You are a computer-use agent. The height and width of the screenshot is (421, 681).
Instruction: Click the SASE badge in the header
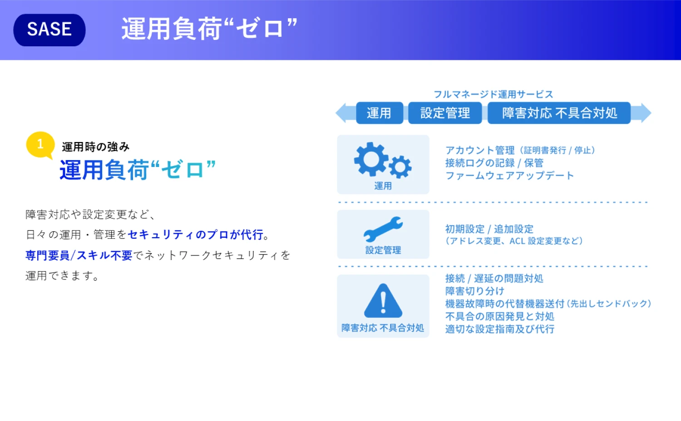click(49, 30)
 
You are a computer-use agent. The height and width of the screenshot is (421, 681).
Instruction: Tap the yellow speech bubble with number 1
click(40, 145)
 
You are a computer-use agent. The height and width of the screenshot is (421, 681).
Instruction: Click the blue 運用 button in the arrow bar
click(380, 113)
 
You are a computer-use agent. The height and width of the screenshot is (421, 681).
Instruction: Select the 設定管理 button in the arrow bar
click(445, 113)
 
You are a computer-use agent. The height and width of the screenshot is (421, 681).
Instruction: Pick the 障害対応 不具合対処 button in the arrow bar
click(559, 113)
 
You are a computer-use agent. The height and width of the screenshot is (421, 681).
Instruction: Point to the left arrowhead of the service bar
click(345, 113)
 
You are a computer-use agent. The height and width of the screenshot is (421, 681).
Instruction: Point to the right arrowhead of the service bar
click(642, 113)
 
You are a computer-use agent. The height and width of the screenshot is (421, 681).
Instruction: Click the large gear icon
click(371, 159)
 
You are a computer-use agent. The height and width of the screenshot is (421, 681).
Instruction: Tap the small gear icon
click(400, 167)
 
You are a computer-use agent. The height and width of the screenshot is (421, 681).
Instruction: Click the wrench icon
click(383, 230)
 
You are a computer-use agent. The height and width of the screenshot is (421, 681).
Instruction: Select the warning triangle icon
click(383, 301)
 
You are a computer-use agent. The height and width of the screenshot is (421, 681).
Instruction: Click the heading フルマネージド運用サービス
click(493, 94)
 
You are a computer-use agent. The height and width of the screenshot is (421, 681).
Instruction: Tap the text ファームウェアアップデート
click(509, 176)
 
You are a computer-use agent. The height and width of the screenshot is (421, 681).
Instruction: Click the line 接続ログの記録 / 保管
click(494, 163)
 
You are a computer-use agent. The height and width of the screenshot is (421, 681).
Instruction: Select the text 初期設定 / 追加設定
click(489, 229)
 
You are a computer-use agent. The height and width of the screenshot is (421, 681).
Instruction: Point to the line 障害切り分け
click(475, 291)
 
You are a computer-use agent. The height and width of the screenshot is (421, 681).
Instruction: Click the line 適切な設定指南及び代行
click(500, 329)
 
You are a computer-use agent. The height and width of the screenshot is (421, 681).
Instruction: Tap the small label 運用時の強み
click(96, 147)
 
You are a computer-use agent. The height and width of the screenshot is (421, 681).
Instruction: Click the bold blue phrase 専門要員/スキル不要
click(79, 255)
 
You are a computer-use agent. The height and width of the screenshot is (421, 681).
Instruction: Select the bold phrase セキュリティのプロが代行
click(196, 235)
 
